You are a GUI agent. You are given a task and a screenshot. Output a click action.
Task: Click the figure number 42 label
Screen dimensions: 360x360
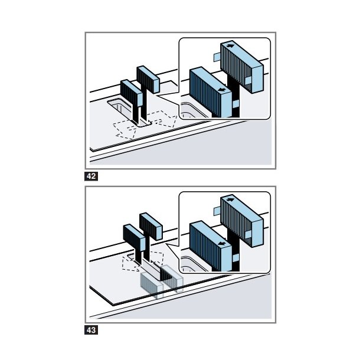[91, 176]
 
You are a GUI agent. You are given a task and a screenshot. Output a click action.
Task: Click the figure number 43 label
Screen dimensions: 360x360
[91, 330]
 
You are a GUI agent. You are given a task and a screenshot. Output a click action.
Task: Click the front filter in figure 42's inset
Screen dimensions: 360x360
[210, 91]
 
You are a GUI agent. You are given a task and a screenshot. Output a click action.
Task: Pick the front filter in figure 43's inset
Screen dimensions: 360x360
[210, 245]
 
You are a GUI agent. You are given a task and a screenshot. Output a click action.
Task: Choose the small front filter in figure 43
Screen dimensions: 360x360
[130, 237]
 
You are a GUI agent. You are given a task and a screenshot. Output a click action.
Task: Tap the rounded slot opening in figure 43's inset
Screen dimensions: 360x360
[190, 263]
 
